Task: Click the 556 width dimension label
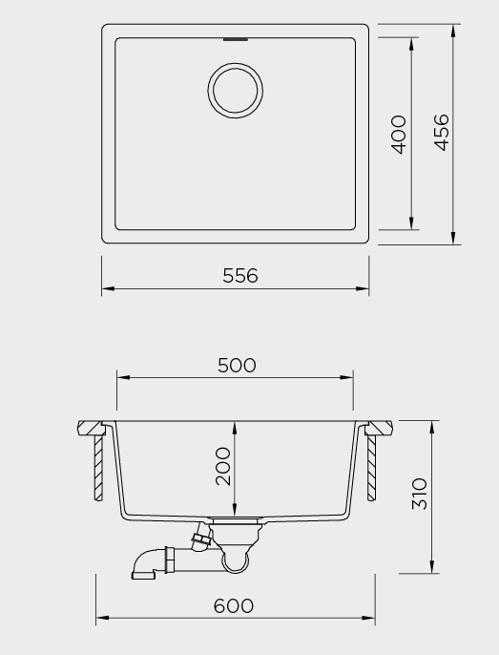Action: coord(240,276)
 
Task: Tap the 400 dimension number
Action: coord(399,135)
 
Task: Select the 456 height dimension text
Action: coord(442,132)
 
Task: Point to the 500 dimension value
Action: coord(237,365)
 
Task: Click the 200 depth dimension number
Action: coord(223,466)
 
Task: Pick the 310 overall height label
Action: coord(420,494)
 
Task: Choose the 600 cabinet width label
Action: coord(234,605)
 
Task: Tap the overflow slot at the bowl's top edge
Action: coord(236,40)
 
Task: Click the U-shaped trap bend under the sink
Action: coord(236,564)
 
